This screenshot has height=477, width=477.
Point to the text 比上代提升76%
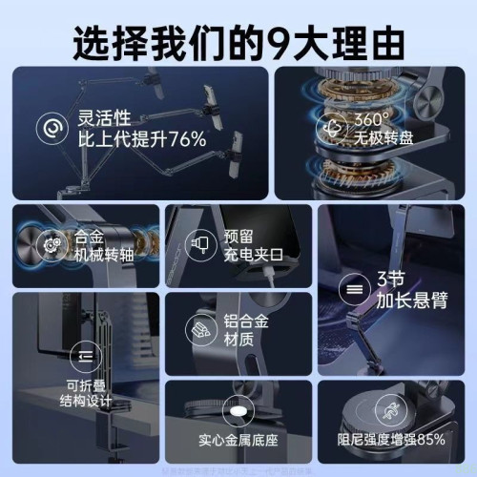(141, 139)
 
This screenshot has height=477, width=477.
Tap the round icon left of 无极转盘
(333, 129)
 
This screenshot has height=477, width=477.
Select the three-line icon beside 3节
(354, 287)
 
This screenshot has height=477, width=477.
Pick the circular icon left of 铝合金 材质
(201, 329)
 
